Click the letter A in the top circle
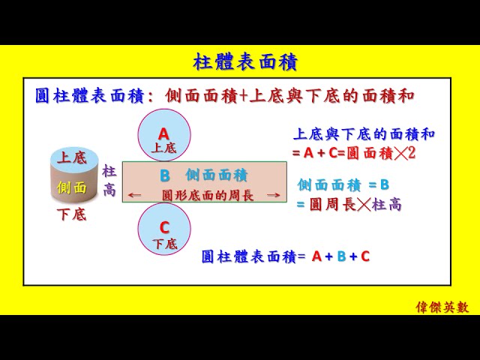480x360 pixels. (163, 133)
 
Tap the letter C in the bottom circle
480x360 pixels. (164, 227)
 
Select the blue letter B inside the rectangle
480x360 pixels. (165, 175)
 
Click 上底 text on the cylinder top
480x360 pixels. (72, 158)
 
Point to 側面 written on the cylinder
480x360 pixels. (72, 187)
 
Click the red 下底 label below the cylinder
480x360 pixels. (72, 215)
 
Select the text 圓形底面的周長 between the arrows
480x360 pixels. (208, 195)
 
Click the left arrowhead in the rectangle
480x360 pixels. (132, 196)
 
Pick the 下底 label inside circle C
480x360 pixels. (164, 244)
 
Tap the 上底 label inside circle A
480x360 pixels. (163, 148)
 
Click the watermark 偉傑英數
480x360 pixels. (442, 307)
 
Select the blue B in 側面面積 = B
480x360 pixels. (385, 184)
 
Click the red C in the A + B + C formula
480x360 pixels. (364, 256)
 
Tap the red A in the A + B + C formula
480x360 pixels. (316, 256)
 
